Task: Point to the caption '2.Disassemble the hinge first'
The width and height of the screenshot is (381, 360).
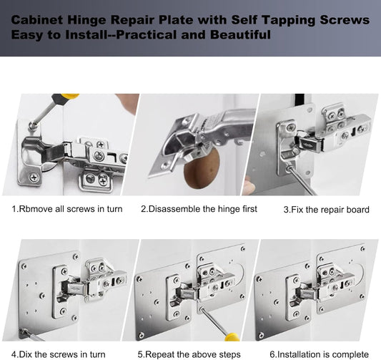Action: tap(198, 209)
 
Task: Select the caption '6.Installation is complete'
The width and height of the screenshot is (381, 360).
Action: tap(319, 354)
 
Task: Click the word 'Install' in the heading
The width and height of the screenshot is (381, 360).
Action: tap(88, 35)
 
